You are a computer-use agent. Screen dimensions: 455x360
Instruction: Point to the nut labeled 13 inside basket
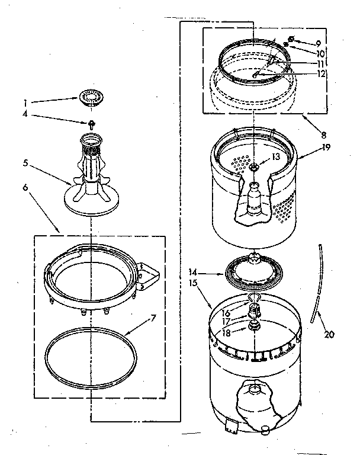tap(253, 168)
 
